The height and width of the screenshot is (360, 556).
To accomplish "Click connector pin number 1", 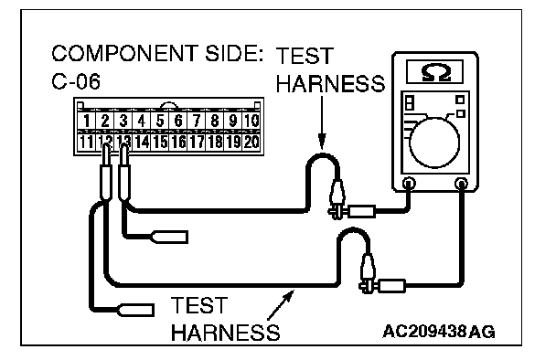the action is (x=87, y=121).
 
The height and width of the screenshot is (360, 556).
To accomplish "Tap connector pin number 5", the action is (x=160, y=121).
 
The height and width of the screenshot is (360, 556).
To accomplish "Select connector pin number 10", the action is (x=251, y=121).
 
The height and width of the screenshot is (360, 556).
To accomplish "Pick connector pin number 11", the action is (x=87, y=143).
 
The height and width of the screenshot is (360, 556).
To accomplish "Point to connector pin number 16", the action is (x=178, y=143).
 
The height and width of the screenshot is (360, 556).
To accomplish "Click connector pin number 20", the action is (x=251, y=143).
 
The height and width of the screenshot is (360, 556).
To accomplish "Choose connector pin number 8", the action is (x=215, y=121).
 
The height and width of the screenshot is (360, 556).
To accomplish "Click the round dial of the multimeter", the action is (x=434, y=143).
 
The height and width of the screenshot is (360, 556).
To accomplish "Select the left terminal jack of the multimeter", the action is (x=409, y=183).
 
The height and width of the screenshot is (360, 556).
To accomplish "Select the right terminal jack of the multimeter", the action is (x=461, y=183).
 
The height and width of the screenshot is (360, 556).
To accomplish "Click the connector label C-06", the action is (x=76, y=81).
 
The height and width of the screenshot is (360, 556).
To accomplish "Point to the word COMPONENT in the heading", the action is (x=123, y=53).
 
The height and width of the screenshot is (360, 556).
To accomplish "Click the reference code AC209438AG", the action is (x=439, y=332).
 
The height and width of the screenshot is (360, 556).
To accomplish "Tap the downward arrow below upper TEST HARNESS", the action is (x=322, y=122).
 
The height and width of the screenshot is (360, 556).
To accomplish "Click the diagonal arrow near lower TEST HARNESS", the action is (x=281, y=305).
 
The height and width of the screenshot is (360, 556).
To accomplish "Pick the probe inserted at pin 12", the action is (x=106, y=173).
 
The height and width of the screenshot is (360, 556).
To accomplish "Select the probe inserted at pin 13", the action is (x=123, y=173).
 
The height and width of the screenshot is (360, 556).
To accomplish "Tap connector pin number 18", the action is (x=215, y=143).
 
